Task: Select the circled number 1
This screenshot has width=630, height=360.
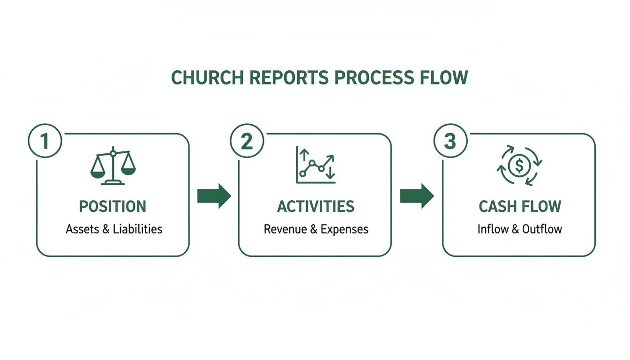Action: [x=45, y=141]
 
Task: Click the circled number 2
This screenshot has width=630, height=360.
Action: [x=247, y=141]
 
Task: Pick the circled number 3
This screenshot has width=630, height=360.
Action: [x=450, y=141]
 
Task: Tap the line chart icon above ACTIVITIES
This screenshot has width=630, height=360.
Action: [x=315, y=165]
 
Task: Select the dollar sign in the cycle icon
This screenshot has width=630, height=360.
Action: [x=519, y=165]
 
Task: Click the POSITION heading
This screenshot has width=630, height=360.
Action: [x=112, y=207]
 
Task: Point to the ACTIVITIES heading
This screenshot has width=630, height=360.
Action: [x=315, y=207]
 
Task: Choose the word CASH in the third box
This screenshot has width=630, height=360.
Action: [x=497, y=207]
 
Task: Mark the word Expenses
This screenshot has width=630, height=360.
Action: [x=345, y=229]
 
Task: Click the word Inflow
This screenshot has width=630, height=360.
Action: [x=493, y=229]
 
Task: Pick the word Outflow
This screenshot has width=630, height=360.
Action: [x=542, y=229]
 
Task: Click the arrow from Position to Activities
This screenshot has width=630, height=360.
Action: [x=214, y=196]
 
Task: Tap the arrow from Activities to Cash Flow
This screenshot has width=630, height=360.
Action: [x=417, y=196]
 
